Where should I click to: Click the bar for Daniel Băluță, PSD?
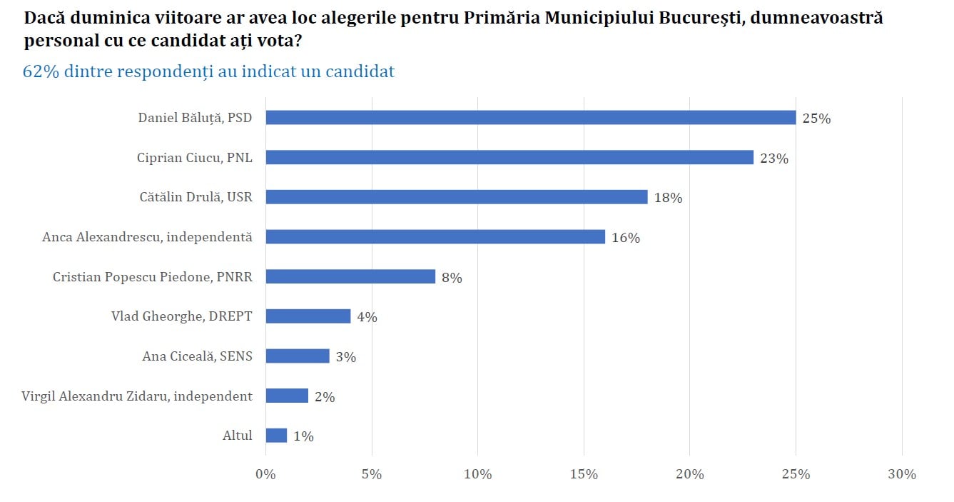530,118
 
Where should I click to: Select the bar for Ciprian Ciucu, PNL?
509,157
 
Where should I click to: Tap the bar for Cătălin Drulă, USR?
457,197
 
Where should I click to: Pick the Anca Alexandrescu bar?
435,236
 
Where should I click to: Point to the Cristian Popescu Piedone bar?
350,276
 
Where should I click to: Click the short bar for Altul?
276,435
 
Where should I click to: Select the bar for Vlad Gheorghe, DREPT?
308,316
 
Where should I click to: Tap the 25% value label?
816,119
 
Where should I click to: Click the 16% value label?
626,238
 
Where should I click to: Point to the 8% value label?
452,278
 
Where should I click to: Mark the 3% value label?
345,357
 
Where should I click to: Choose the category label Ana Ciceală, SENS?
197,356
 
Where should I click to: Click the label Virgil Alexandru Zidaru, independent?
137,396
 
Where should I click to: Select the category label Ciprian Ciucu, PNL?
194,157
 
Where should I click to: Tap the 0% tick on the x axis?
265,474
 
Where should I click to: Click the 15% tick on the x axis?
584,474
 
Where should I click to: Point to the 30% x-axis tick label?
902,474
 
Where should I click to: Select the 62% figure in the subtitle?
41,71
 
